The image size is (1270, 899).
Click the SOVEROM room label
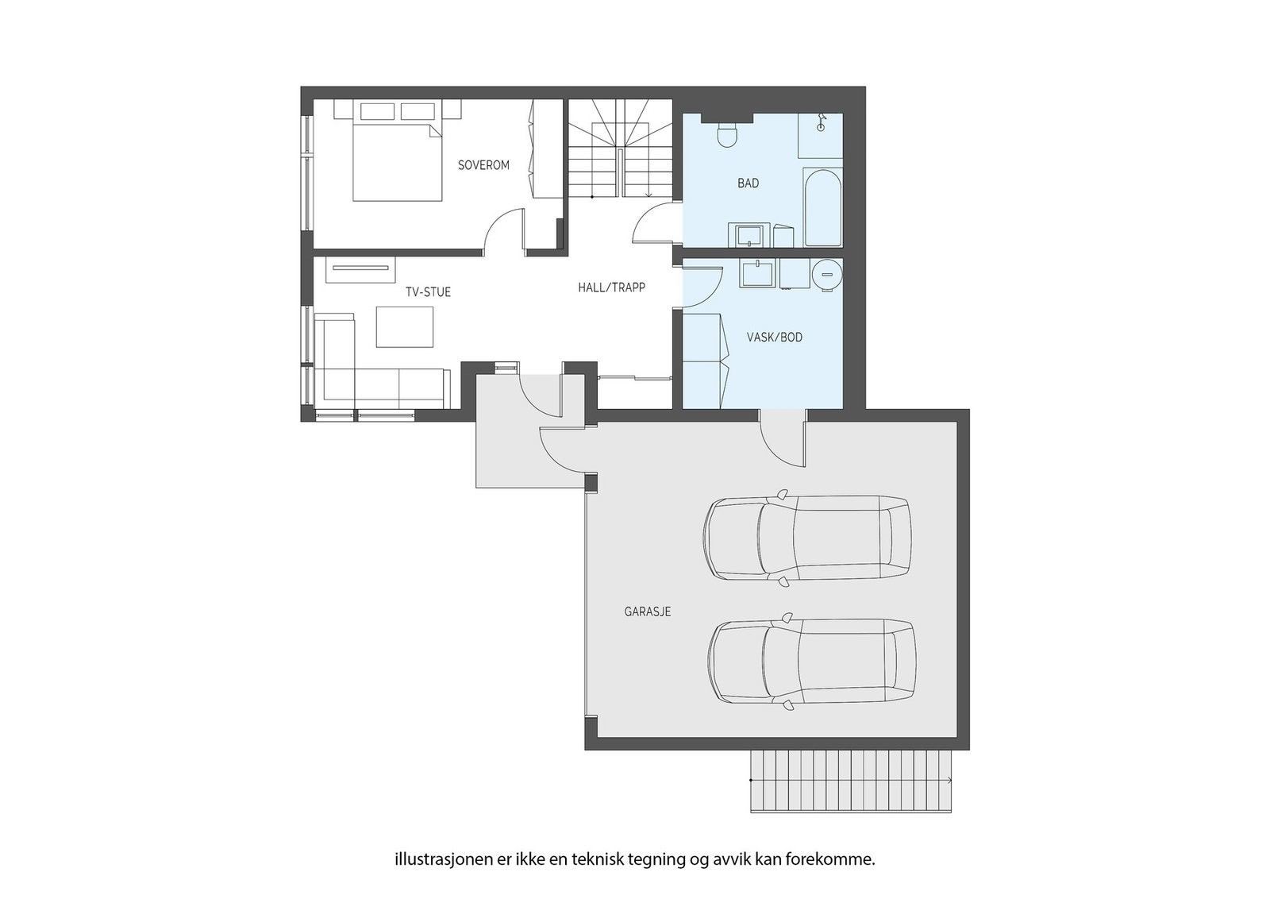coord(483,165)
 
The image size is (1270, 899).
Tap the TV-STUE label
coord(428,292)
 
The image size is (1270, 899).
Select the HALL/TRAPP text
coord(612,287)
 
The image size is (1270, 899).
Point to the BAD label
coord(748,183)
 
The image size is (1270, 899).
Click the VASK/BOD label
coord(775,338)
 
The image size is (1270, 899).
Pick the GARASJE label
coord(648,612)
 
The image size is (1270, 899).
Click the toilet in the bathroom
coord(727,134)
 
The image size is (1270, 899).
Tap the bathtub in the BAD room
coord(822,208)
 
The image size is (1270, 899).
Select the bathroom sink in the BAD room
coord(749,235)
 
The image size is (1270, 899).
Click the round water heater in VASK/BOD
coord(827,275)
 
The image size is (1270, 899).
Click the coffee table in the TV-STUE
coord(405,326)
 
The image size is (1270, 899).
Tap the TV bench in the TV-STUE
coord(360,270)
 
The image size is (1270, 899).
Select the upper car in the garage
coord(807,538)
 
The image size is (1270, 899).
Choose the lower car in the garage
coord(812,662)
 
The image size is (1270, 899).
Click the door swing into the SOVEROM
coord(502,230)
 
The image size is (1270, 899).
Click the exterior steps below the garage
coord(851,781)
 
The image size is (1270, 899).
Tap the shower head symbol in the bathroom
coord(821,124)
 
